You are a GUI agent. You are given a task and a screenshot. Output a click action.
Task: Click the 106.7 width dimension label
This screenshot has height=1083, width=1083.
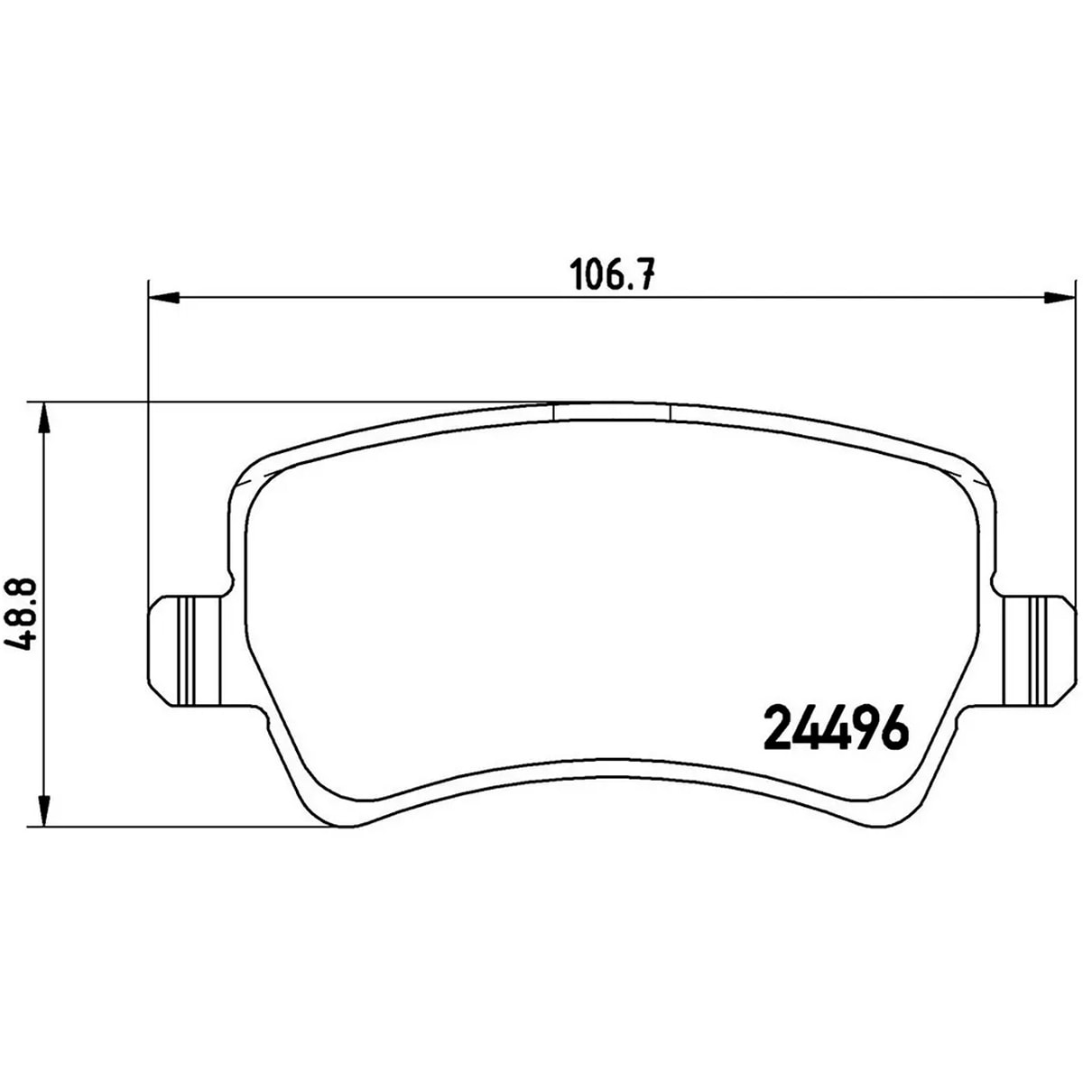pos(612,274)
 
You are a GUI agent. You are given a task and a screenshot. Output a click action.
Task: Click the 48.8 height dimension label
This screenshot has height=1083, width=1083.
pos(23,614)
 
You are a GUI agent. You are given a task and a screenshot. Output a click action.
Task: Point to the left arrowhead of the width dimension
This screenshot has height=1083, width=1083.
pos(163,297)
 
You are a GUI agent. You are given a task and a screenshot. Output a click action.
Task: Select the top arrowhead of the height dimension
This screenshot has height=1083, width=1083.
pos(43,418)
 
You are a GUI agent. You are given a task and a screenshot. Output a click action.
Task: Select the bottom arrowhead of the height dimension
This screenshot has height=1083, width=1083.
pos(43,810)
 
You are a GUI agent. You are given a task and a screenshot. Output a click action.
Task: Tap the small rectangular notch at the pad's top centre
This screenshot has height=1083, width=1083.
pos(612,412)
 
